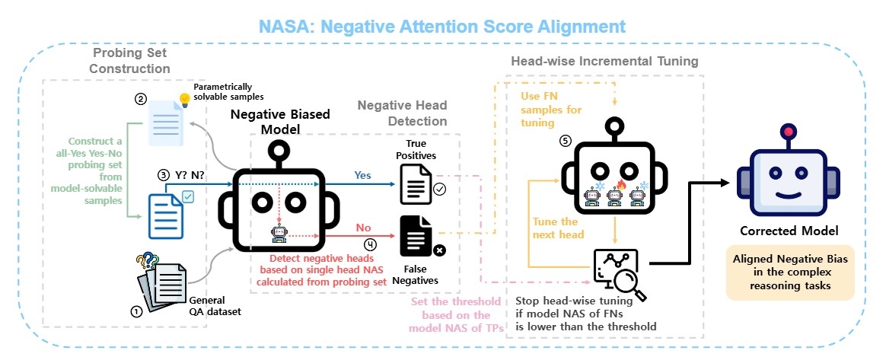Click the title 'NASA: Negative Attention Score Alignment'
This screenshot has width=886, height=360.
pos(441,26)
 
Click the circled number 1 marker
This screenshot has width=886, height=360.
pos(137,311)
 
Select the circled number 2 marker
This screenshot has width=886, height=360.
pos(140,98)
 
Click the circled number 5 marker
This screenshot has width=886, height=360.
pos(564,141)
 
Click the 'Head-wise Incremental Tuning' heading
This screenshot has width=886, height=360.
pos(604,61)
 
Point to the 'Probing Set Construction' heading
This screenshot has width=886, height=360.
pos(131,61)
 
